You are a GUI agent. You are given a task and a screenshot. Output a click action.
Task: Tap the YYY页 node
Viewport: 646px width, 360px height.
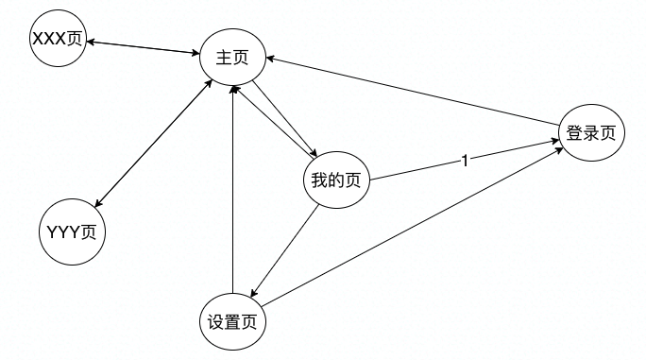coord(71,231)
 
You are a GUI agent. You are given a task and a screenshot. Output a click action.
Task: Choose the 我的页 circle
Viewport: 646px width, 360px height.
coord(335,181)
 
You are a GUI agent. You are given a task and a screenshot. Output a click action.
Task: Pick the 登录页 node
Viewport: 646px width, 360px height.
coord(591,133)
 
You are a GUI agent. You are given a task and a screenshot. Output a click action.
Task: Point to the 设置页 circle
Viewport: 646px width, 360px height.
coord(232,321)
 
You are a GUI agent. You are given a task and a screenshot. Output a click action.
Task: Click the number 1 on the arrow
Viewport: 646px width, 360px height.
coord(464,161)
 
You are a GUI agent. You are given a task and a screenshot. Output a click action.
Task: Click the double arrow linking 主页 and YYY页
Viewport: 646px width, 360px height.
coord(152,143)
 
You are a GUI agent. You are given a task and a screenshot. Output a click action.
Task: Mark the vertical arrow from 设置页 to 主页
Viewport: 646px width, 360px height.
coord(232,189)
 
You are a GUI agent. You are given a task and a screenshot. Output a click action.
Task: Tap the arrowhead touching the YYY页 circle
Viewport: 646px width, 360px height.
coord(98,201)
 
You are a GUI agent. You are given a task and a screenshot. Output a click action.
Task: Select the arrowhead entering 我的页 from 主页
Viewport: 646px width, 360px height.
coord(314,154)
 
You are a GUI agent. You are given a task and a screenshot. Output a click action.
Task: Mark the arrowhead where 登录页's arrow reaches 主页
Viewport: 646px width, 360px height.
coord(270,59)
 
